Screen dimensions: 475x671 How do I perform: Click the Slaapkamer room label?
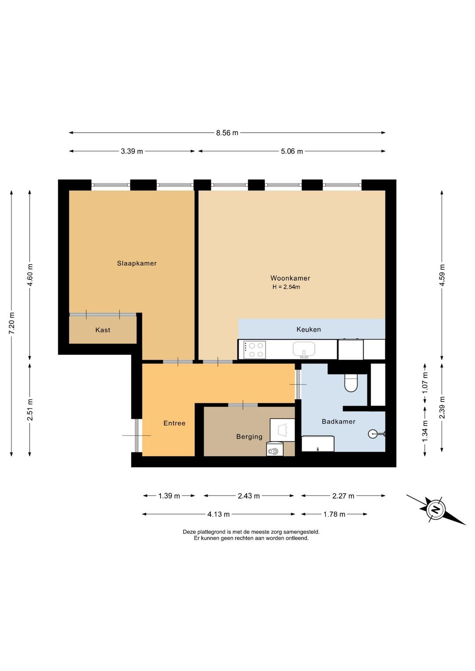coord(137,263)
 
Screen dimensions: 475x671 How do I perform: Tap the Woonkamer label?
coord(290,278)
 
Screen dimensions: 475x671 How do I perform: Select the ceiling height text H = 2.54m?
coord(286,287)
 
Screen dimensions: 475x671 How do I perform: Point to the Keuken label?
coord(309,329)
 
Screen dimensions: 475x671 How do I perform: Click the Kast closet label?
coord(103,330)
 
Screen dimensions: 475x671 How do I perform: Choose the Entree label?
coord(175,423)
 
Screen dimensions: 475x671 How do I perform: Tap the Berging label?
coord(249,437)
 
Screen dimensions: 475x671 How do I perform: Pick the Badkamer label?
coord(339,422)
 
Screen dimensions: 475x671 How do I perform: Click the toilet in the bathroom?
coord(351,383)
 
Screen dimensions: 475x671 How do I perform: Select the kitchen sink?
coord(304,349)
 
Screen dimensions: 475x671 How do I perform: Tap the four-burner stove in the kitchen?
coord(255,350)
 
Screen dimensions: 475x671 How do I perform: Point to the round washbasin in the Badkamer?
coord(373,433)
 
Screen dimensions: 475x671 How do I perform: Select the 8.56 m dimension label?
coord(227,133)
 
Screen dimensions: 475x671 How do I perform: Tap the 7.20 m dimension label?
coord(11,323)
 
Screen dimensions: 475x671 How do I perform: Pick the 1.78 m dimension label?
coord(334,514)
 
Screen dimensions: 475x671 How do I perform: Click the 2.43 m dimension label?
coord(249,496)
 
